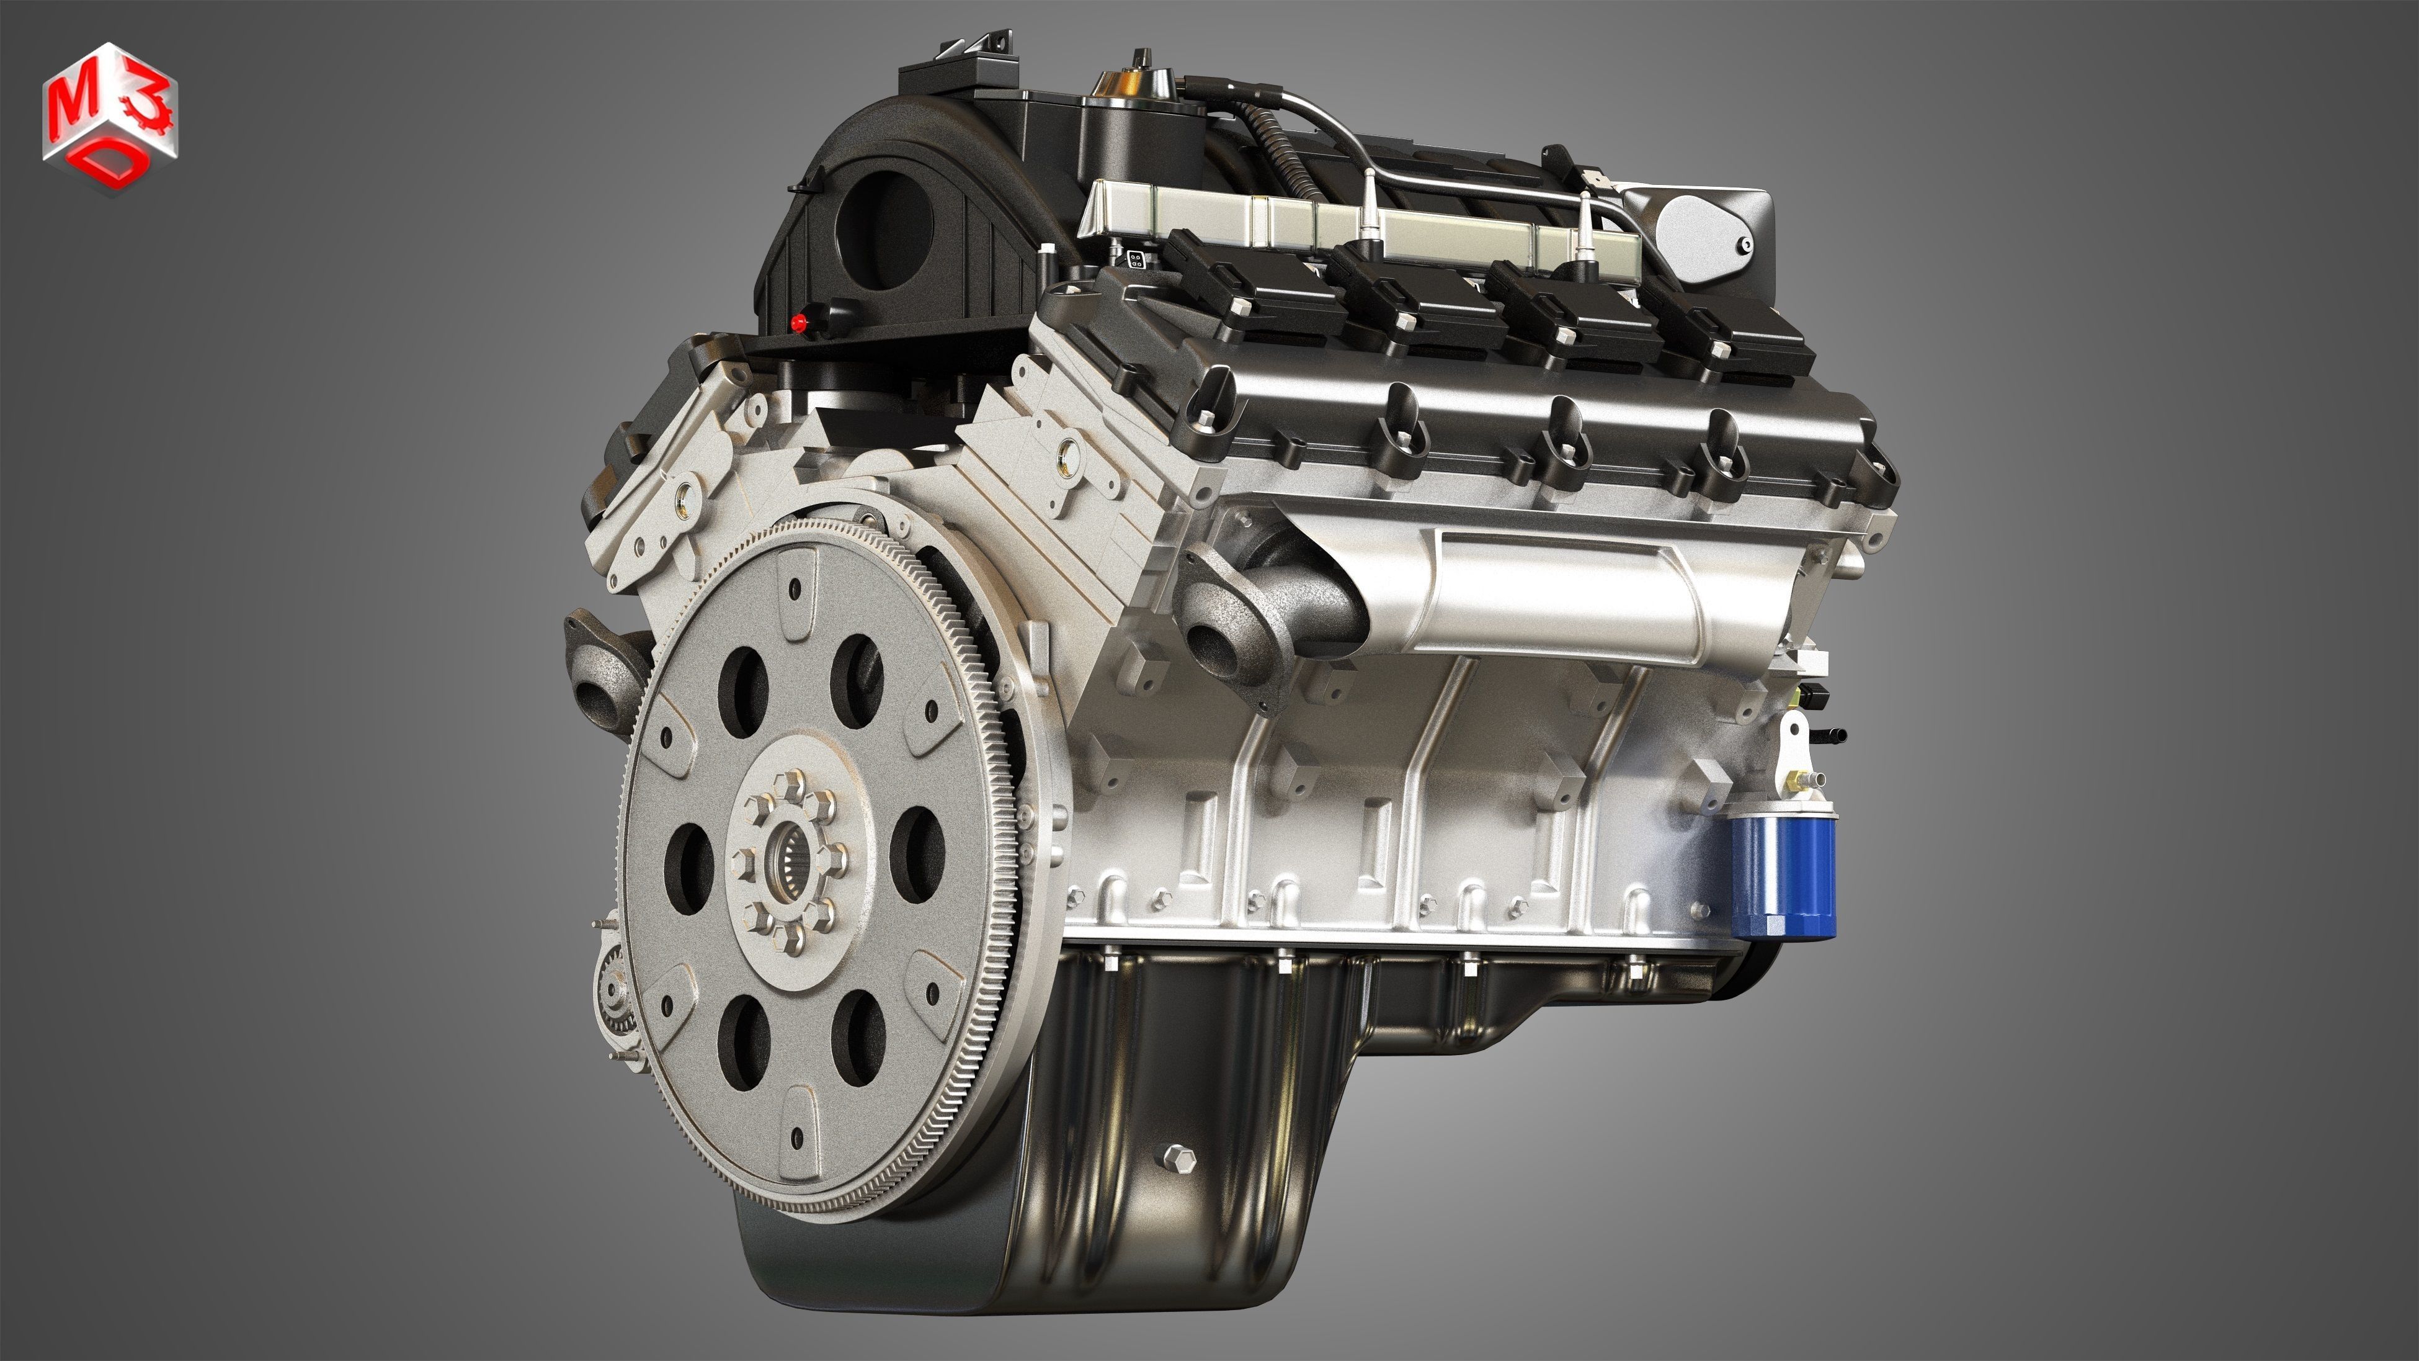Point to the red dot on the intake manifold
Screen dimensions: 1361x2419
pos(799,324)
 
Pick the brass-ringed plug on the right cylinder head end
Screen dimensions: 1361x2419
pos(1066,457)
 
